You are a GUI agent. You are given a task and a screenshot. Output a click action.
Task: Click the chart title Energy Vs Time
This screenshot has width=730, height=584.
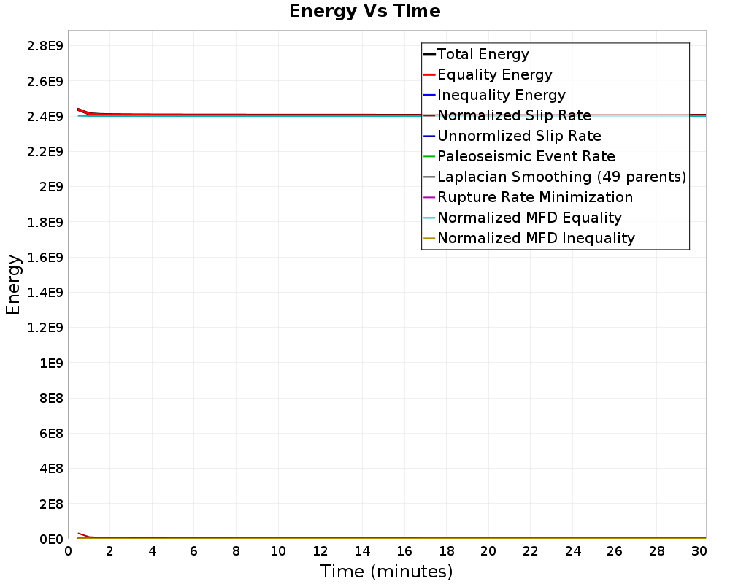tap(365, 11)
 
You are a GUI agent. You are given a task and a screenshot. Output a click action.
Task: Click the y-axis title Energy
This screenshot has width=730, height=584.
tap(12, 284)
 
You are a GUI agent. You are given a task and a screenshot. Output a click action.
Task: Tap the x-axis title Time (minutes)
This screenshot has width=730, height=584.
tap(386, 571)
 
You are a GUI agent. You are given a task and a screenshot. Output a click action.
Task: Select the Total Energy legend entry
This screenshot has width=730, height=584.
tap(483, 54)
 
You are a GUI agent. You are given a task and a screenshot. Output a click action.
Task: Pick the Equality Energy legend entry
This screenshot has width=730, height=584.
tap(494, 74)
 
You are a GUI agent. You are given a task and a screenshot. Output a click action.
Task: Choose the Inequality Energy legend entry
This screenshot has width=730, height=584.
tap(501, 95)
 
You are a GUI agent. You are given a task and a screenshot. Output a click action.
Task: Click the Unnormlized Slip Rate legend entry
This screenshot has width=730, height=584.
tap(519, 136)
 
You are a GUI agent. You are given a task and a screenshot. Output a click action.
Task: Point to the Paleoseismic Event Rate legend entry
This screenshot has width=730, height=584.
tap(526, 156)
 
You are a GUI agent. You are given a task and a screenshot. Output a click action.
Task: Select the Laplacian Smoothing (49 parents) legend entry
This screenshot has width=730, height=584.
tap(561, 177)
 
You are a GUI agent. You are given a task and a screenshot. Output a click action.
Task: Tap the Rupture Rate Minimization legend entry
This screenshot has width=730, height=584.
tap(535, 197)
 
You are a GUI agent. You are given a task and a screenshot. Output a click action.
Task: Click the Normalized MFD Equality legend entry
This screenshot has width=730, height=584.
tap(529, 218)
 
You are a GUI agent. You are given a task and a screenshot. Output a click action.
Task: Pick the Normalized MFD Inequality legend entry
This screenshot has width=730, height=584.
tap(536, 238)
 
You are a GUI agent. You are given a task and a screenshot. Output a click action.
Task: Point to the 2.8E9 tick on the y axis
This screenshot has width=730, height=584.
tap(45, 46)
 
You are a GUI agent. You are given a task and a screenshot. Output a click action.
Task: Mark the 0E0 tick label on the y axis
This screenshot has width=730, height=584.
tap(50, 539)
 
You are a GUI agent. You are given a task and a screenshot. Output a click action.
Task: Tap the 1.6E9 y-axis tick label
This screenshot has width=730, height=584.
tap(45, 257)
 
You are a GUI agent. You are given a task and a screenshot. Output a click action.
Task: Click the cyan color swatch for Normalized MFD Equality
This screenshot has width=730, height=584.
tap(429, 218)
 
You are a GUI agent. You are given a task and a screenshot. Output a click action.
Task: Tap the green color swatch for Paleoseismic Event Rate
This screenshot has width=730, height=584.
tap(429, 156)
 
